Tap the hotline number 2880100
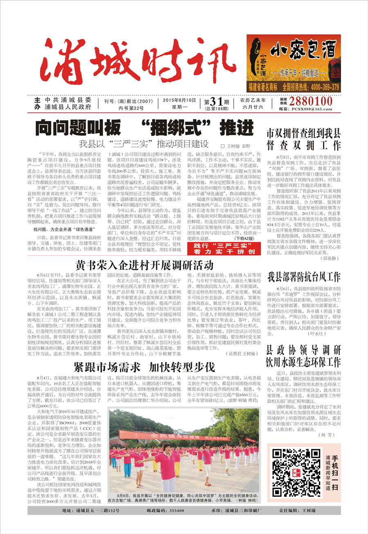pos(311,101)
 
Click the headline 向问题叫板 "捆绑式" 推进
pos(144,127)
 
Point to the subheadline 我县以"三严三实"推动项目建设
pos(144,144)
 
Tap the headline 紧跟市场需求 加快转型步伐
pos(144,366)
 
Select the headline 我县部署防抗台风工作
pos(304,277)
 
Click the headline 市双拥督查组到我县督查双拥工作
pos(303,139)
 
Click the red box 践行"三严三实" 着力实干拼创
pos(229,248)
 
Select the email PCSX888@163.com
pos(311,109)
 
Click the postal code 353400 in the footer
pos(171,511)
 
